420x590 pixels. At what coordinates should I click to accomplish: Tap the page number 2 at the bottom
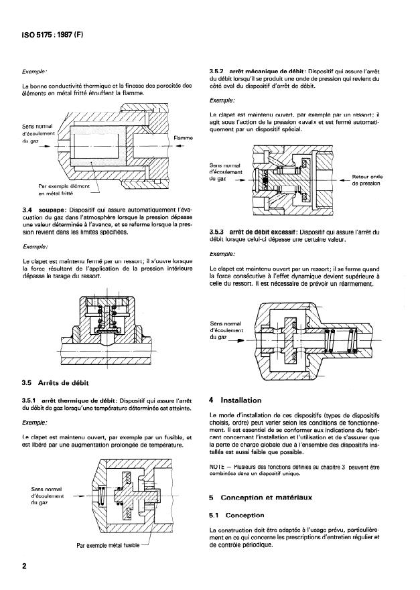[x=24, y=566]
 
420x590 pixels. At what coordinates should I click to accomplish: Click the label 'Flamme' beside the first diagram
[x=183, y=139]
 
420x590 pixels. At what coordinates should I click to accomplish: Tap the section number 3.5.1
[x=32, y=400]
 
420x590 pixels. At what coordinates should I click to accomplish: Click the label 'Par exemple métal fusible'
[x=109, y=544]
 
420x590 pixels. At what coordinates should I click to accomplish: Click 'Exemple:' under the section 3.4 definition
[x=35, y=246]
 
